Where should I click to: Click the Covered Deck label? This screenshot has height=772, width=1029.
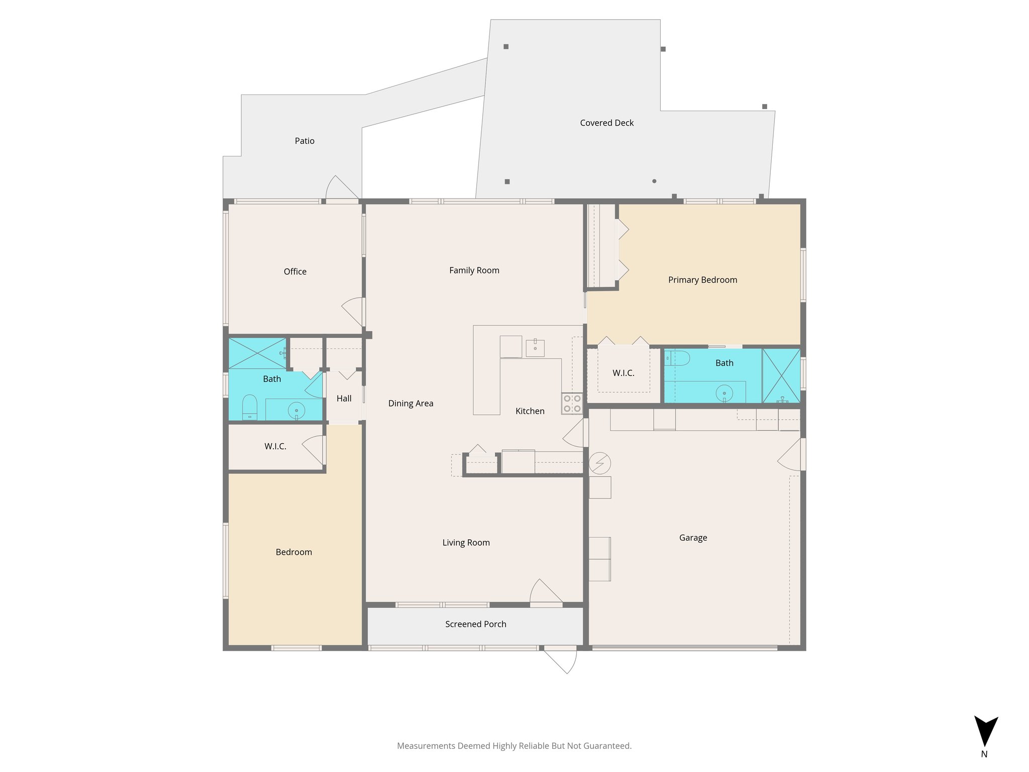(606, 123)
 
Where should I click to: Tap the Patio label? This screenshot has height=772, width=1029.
(304, 141)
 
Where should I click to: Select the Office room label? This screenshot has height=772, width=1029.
(295, 271)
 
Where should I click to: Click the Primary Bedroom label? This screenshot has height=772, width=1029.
(702, 280)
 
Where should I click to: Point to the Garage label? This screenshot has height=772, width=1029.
(693, 538)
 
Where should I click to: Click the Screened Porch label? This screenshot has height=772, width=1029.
(475, 624)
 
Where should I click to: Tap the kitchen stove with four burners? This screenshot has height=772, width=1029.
(572, 404)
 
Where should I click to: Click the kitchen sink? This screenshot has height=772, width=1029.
(535, 348)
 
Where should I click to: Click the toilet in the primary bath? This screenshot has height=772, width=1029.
(678, 358)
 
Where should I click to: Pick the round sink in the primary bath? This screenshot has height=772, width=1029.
(724, 394)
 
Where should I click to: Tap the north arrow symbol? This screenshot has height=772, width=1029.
(985, 732)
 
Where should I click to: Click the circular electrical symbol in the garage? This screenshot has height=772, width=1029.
(600, 463)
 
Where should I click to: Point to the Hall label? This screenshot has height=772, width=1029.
(344, 399)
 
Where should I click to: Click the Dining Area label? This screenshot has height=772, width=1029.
(410, 404)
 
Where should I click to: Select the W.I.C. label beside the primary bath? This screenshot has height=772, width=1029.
(623, 373)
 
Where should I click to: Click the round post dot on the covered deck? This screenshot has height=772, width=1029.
(654, 181)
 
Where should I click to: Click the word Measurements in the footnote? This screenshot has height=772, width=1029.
(425, 746)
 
